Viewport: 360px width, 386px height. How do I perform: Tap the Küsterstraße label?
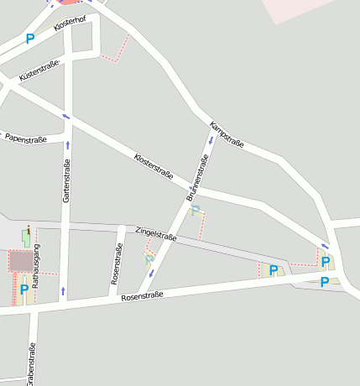click(39, 71)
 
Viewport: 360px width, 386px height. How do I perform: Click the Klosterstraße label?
click(154, 166)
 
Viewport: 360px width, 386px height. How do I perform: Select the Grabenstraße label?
click(31, 363)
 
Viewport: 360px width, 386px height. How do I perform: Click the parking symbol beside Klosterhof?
click(30, 38)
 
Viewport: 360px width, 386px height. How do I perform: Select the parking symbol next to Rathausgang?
click(24, 289)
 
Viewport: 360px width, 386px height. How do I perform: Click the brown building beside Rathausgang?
click(19, 261)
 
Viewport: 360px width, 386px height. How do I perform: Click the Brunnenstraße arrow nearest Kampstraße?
click(210, 138)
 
